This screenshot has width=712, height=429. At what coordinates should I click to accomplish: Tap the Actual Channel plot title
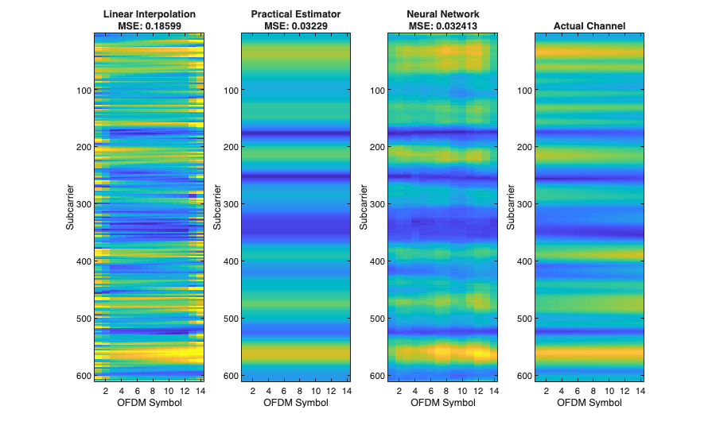589,26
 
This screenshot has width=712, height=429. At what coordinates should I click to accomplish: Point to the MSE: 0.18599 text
149,26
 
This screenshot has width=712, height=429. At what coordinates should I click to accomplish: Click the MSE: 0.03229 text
296,26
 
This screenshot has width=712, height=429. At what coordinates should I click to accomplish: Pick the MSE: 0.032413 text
442,26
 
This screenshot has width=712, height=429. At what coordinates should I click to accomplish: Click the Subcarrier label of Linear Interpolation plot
71,209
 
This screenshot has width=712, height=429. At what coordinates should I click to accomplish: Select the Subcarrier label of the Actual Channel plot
511,209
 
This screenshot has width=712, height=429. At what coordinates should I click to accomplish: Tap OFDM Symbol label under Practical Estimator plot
296,402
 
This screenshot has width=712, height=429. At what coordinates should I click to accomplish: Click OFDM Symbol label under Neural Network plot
442,402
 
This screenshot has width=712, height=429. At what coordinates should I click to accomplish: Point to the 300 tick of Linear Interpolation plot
83,204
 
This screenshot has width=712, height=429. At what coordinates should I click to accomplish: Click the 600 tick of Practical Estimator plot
230,375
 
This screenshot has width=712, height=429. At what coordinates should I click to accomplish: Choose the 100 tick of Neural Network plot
377,91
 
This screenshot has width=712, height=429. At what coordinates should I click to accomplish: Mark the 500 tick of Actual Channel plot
523,319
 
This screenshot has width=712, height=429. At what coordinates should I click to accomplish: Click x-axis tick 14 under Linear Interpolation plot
199,390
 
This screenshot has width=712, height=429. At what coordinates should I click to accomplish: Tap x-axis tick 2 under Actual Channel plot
547,390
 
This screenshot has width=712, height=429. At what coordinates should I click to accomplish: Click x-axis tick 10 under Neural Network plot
462,390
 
